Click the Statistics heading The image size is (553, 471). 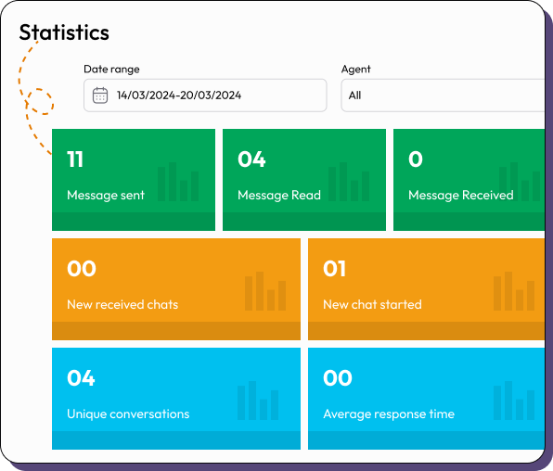(64, 32)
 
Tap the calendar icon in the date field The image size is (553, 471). (100, 95)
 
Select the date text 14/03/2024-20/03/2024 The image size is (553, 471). (179, 95)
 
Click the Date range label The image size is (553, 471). (111, 70)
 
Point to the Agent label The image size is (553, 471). (355, 70)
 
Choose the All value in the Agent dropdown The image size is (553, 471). (354, 95)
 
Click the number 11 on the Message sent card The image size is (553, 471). (75, 159)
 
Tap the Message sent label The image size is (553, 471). (106, 195)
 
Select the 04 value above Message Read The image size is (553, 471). (251, 159)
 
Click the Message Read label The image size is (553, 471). (279, 195)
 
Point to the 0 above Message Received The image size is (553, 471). (415, 159)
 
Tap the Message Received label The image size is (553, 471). (460, 195)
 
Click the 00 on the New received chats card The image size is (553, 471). (82, 269)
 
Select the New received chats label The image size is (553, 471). (122, 304)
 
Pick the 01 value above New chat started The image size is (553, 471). (334, 269)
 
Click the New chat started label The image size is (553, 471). (372, 304)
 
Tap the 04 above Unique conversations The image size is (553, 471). (81, 378)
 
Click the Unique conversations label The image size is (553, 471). (128, 414)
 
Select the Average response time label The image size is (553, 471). (389, 414)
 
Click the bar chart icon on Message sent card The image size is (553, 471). (178, 183)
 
